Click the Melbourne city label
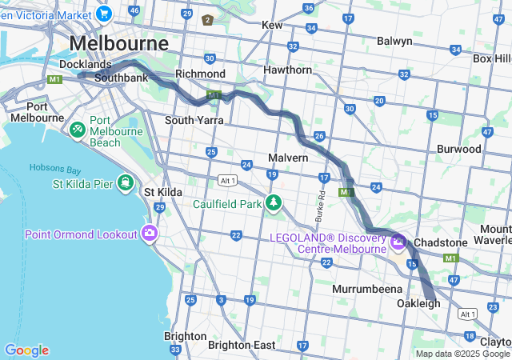119,42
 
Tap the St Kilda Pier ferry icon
125,184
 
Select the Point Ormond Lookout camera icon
149,234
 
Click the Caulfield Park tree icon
274,203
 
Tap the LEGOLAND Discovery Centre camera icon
398,242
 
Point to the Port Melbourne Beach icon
78,130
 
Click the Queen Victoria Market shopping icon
102,13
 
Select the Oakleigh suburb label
418,303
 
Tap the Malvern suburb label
288,158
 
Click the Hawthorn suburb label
287,70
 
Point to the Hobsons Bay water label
55,168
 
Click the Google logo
26,350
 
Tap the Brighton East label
241,345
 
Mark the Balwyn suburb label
394,41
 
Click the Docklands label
86,64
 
